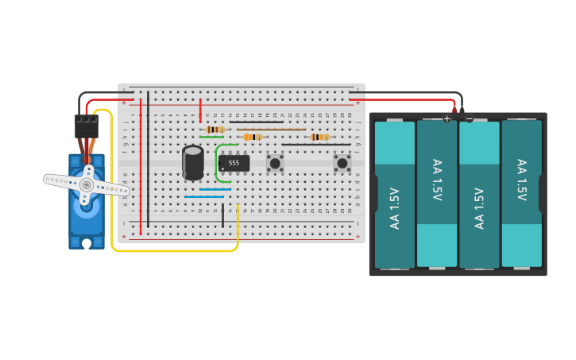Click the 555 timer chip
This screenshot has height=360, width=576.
[x=234, y=163]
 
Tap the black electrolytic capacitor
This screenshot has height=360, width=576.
[x=193, y=162]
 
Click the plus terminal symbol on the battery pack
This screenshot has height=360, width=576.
[x=446, y=119]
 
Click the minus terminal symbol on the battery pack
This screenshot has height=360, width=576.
[x=469, y=119]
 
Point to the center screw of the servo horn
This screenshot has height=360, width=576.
[x=86, y=184]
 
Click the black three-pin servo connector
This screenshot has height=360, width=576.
[x=86, y=126]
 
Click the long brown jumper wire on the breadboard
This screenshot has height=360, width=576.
[x=270, y=130]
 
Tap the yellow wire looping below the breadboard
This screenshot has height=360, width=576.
[x=175, y=251]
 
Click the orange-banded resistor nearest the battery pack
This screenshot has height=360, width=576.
[x=319, y=137]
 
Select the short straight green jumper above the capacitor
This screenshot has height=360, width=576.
[x=211, y=137]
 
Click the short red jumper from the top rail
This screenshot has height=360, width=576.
[x=200, y=110]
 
